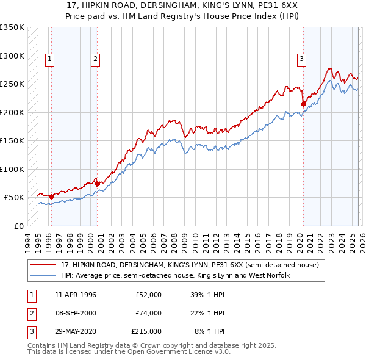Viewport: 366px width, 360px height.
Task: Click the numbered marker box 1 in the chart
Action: pyautogui.click(x=49, y=59)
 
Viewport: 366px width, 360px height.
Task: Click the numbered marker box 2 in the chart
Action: pyautogui.click(x=96, y=59)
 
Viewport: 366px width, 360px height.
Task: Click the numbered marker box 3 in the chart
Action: pyautogui.click(x=301, y=59)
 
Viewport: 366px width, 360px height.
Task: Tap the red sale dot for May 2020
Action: pyautogui.click(x=303, y=104)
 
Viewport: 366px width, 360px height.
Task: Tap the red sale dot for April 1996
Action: pyautogui.click(x=51, y=196)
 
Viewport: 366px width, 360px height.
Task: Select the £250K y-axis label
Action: pyautogui.click(x=12, y=84)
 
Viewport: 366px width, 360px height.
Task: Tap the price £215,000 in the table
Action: pyautogui.click(x=146, y=331)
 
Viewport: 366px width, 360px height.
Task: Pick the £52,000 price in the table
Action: pyautogui.click(x=148, y=295)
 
